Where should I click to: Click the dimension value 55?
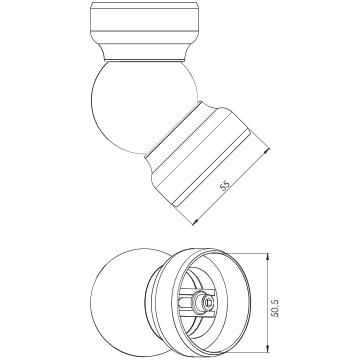coord(226,186)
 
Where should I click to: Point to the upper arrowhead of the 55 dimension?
coord(266,151)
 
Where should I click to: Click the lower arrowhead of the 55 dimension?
coord(196,221)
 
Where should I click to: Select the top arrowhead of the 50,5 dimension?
coord(267,256)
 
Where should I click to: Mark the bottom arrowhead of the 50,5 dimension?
coord(267,349)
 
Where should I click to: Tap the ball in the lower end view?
coord(120,302)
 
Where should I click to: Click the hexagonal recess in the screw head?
coord(208,303)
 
